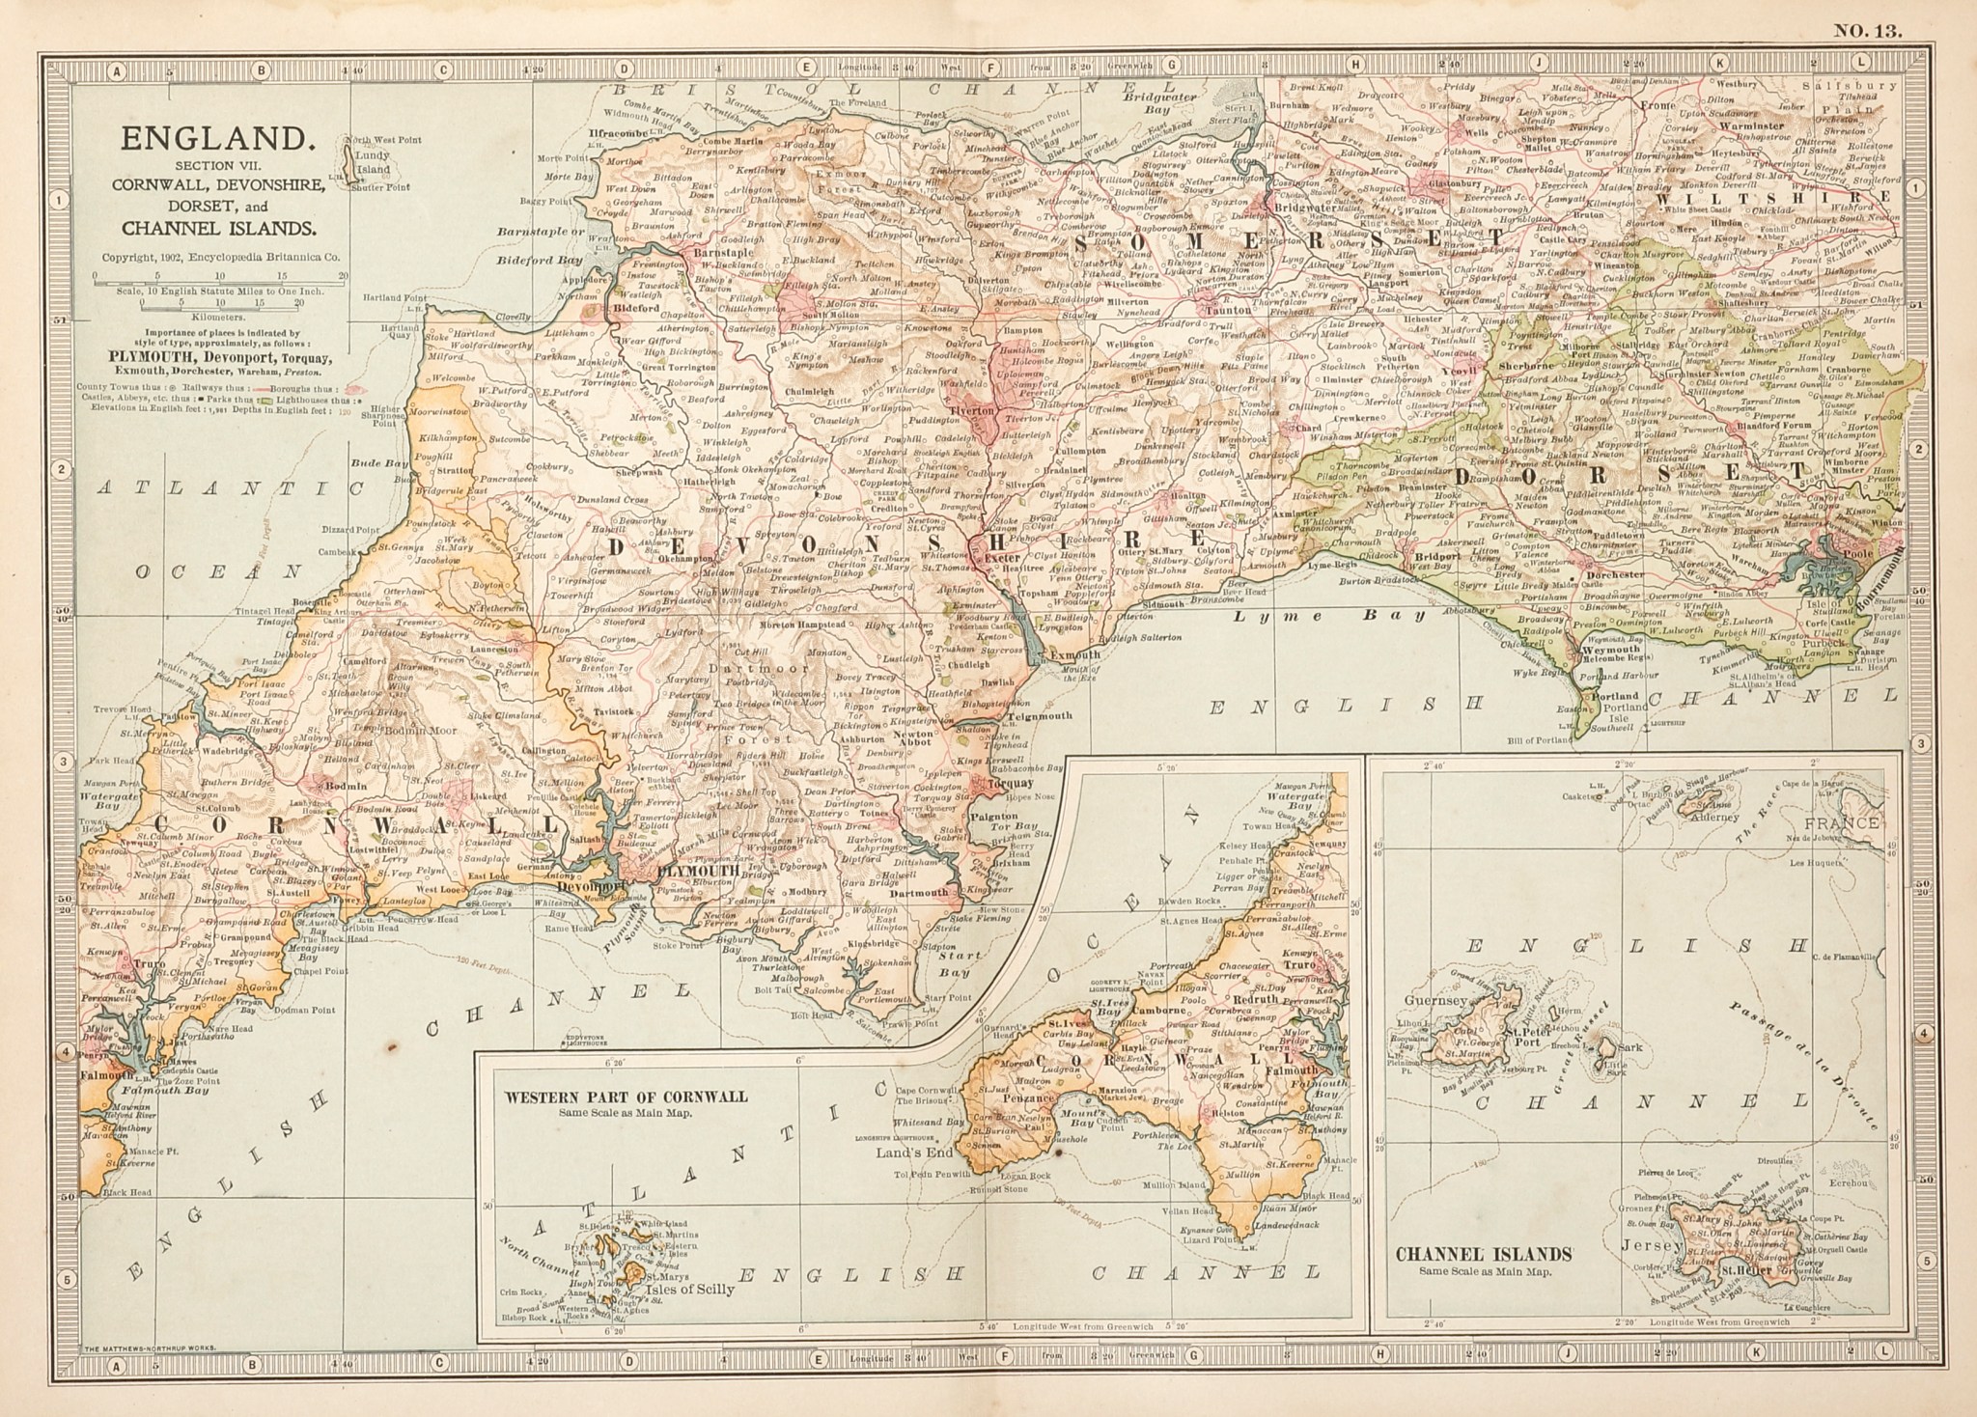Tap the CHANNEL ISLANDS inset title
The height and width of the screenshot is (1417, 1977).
[x=1484, y=1255]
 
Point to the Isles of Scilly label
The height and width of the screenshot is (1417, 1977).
[x=691, y=1289]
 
